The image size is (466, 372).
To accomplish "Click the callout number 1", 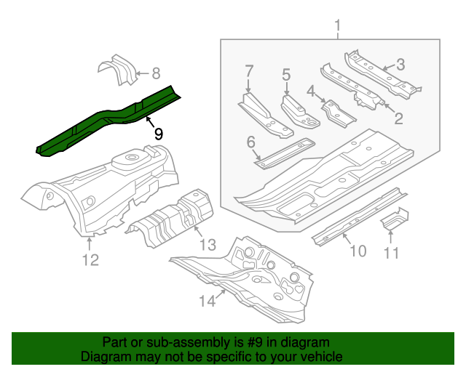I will pos(338,28).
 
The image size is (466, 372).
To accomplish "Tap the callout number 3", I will pos(400,64).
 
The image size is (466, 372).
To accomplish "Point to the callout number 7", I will pos(250,71).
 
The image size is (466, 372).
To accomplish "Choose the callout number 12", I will pos(90,259).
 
